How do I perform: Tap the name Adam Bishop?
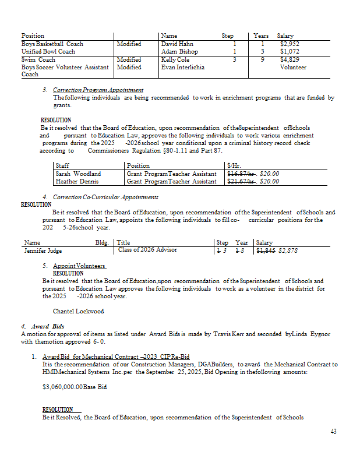tap(179, 51)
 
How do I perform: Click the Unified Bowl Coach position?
tap(48, 51)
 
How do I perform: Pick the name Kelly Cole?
tap(175, 59)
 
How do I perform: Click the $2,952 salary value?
tap(290, 44)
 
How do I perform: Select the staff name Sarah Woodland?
tap(78, 174)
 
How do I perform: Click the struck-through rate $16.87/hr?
tap(241, 174)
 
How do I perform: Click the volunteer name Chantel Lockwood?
tap(78, 311)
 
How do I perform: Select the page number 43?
tap(333, 432)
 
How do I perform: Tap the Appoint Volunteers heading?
tap(79, 266)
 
